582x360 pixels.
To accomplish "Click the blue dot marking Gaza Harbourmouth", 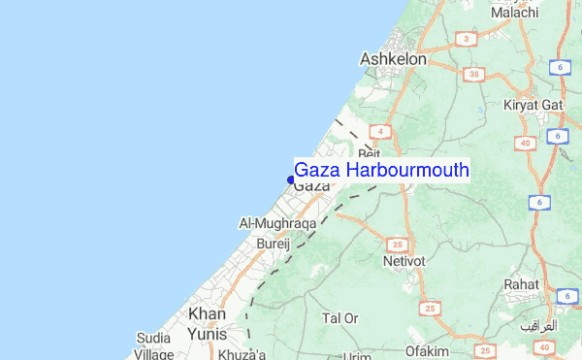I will pyautogui.click(x=291, y=179).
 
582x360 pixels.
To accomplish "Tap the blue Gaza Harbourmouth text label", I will pyautogui.click(x=381, y=170).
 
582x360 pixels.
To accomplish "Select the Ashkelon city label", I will pyautogui.click(x=393, y=59).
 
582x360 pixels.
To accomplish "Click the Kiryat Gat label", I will pyautogui.click(x=533, y=105).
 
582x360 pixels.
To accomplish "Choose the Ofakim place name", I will pyautogui.click(x=428, y=350).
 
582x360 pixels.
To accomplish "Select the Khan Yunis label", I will pyautogui.click(x=207, y=324).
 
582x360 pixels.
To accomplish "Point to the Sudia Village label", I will pyautogui.click(x=154, y=344).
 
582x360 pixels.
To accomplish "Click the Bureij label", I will pyautogui.click(x=272, y=246).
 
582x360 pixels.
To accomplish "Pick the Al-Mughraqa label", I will pyautogui.click(x=277, y=223).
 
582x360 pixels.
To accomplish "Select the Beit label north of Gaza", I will pyautogui.click(x=369, y=154).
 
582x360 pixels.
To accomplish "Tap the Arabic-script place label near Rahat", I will pyautogui.click(x=539, y=325).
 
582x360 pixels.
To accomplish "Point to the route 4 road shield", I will pyautogui.click(x=383, y=131).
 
